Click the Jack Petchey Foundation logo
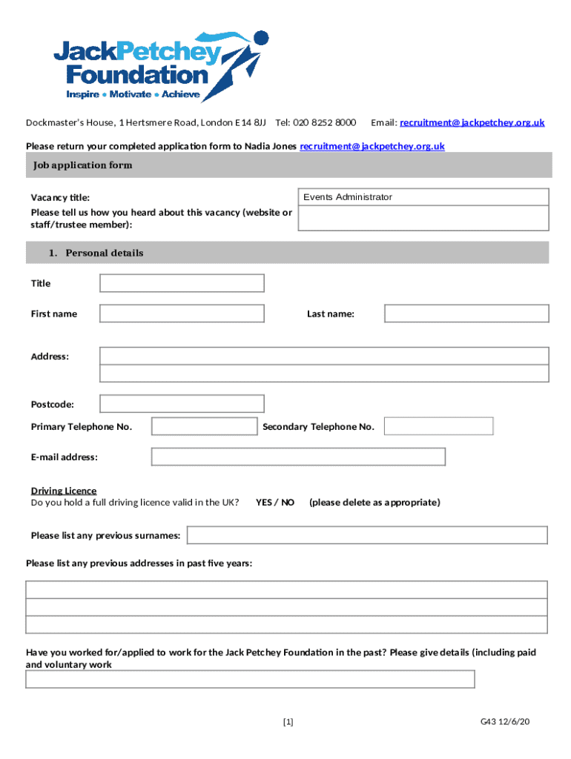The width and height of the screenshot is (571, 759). pos(159,65)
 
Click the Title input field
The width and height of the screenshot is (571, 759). pos(182,283)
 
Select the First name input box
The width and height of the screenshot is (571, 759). pos(182,314)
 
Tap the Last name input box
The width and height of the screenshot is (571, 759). pos(466,314)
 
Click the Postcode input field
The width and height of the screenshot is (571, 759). pos(182,404)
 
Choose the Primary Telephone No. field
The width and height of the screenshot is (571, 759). pos(204,426)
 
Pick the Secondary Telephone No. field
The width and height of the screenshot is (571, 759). pos(438,426)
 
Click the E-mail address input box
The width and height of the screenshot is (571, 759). pos(298,457)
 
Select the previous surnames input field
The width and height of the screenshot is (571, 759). pos(367,535)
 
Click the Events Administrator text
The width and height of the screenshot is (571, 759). pos(348,197)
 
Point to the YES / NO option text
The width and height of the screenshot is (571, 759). pos(275,503)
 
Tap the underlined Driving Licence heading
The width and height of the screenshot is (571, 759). pos(64,491)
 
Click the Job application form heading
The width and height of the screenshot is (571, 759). pos(82,165)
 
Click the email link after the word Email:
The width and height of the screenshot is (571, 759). pos(472,122)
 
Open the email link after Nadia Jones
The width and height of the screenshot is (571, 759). pos(372,146)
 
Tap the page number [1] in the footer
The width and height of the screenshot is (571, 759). pos(288,721)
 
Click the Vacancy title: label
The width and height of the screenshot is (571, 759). pos(60,198)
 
